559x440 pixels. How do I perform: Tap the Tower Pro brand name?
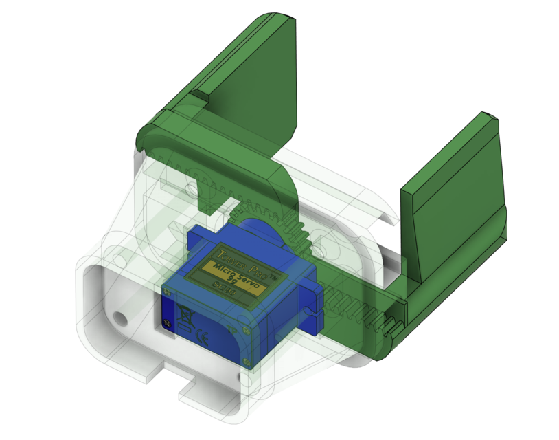pos(240,252)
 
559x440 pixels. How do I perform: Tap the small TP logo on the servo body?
pos(166,322)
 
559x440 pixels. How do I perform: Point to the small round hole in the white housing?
pos(122,319)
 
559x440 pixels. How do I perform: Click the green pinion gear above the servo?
pos(275,220)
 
